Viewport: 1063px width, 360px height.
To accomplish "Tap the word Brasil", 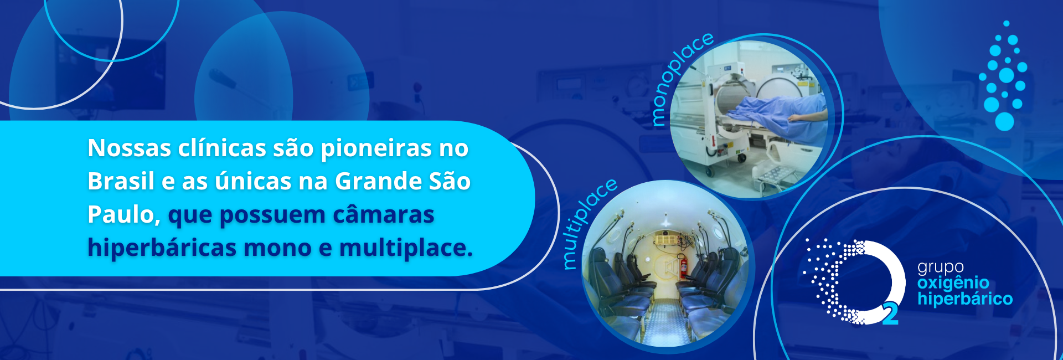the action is click(x=121, y=181).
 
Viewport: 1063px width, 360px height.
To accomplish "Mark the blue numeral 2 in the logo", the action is click(x=890, y=313).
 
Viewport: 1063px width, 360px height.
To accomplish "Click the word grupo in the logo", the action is click(x=941, y=268).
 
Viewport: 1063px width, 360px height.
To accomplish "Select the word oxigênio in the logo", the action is click(x=953, y=283).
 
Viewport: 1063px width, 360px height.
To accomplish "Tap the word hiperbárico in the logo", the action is click(x=965, y=299).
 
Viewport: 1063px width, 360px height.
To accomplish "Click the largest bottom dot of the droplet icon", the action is click(x=1005, y=121).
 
